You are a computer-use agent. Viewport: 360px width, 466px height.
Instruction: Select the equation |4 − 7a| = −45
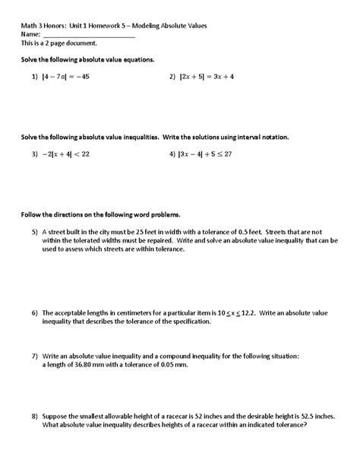pos(66,77)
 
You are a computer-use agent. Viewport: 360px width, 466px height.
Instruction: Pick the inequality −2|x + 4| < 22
pos(67,153)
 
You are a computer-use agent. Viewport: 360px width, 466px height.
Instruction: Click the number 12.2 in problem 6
pos(242,312)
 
